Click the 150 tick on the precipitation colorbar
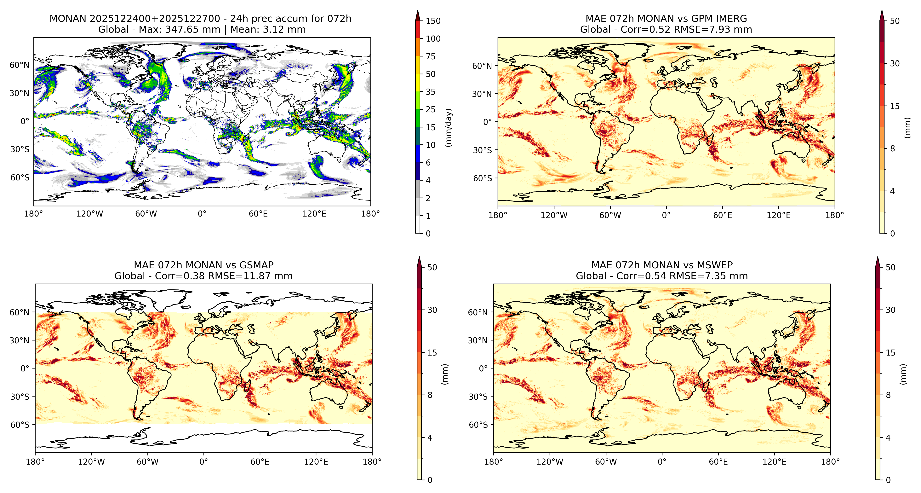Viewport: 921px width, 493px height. pos(433,21)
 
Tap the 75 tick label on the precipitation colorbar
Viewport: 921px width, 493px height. pos(431,56)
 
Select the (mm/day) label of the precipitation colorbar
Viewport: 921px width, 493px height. pos(448,127)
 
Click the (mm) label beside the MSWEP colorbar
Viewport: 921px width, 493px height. pos(903,374)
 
